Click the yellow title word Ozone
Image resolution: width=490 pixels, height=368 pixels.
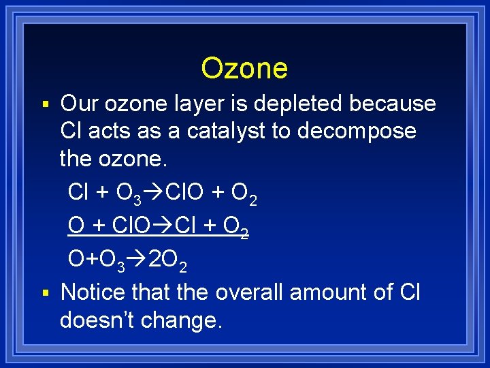click(x=244, y=68)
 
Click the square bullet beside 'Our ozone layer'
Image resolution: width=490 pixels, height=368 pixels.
click(x=46, y=105)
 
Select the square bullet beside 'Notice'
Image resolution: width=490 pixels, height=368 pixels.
click(x=46, y=294)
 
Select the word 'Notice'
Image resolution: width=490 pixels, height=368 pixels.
click(x=93, y=292)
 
